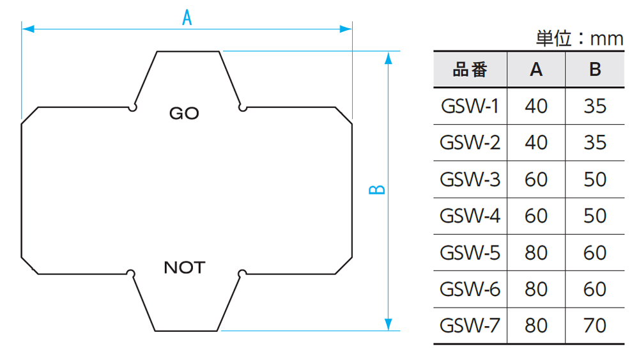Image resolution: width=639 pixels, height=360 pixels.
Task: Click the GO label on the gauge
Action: click(184, 114)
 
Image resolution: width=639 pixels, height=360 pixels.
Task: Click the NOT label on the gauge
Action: click(185, 267)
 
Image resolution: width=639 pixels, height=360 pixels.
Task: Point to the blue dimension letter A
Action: click(187, 18)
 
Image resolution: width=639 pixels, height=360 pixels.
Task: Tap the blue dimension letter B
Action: click(378, 190)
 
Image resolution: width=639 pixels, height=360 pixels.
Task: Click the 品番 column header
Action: click(470, 69)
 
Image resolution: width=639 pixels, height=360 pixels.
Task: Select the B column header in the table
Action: click(595, 69)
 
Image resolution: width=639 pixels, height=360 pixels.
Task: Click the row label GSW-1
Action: click(470, 106)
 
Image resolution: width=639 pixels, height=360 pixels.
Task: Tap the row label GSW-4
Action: click(470, 215)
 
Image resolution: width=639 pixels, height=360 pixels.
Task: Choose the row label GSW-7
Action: click(470, 325)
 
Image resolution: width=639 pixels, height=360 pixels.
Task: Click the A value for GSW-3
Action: click(536, 179)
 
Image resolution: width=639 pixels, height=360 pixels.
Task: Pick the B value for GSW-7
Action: click(595, 325)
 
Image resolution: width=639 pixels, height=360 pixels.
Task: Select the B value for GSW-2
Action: click(595, 142)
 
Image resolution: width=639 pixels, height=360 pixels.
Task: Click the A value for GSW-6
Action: click(536, 289)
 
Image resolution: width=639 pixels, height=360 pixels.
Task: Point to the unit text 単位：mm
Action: click(579, 39)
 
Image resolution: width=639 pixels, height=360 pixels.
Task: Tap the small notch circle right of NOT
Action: click(242, 274)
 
